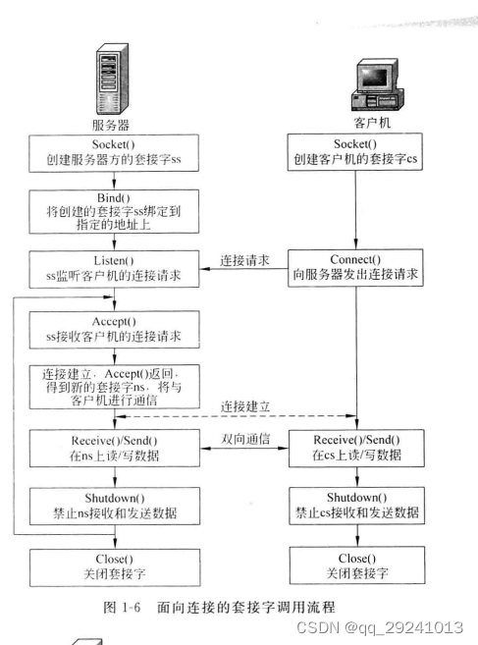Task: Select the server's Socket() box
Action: tap(115, 151)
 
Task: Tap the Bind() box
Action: tap(115, 208)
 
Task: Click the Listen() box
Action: tap(115, 268)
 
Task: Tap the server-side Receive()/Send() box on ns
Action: tap(115, 446)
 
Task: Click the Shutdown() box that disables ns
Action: tap(115, 506)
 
